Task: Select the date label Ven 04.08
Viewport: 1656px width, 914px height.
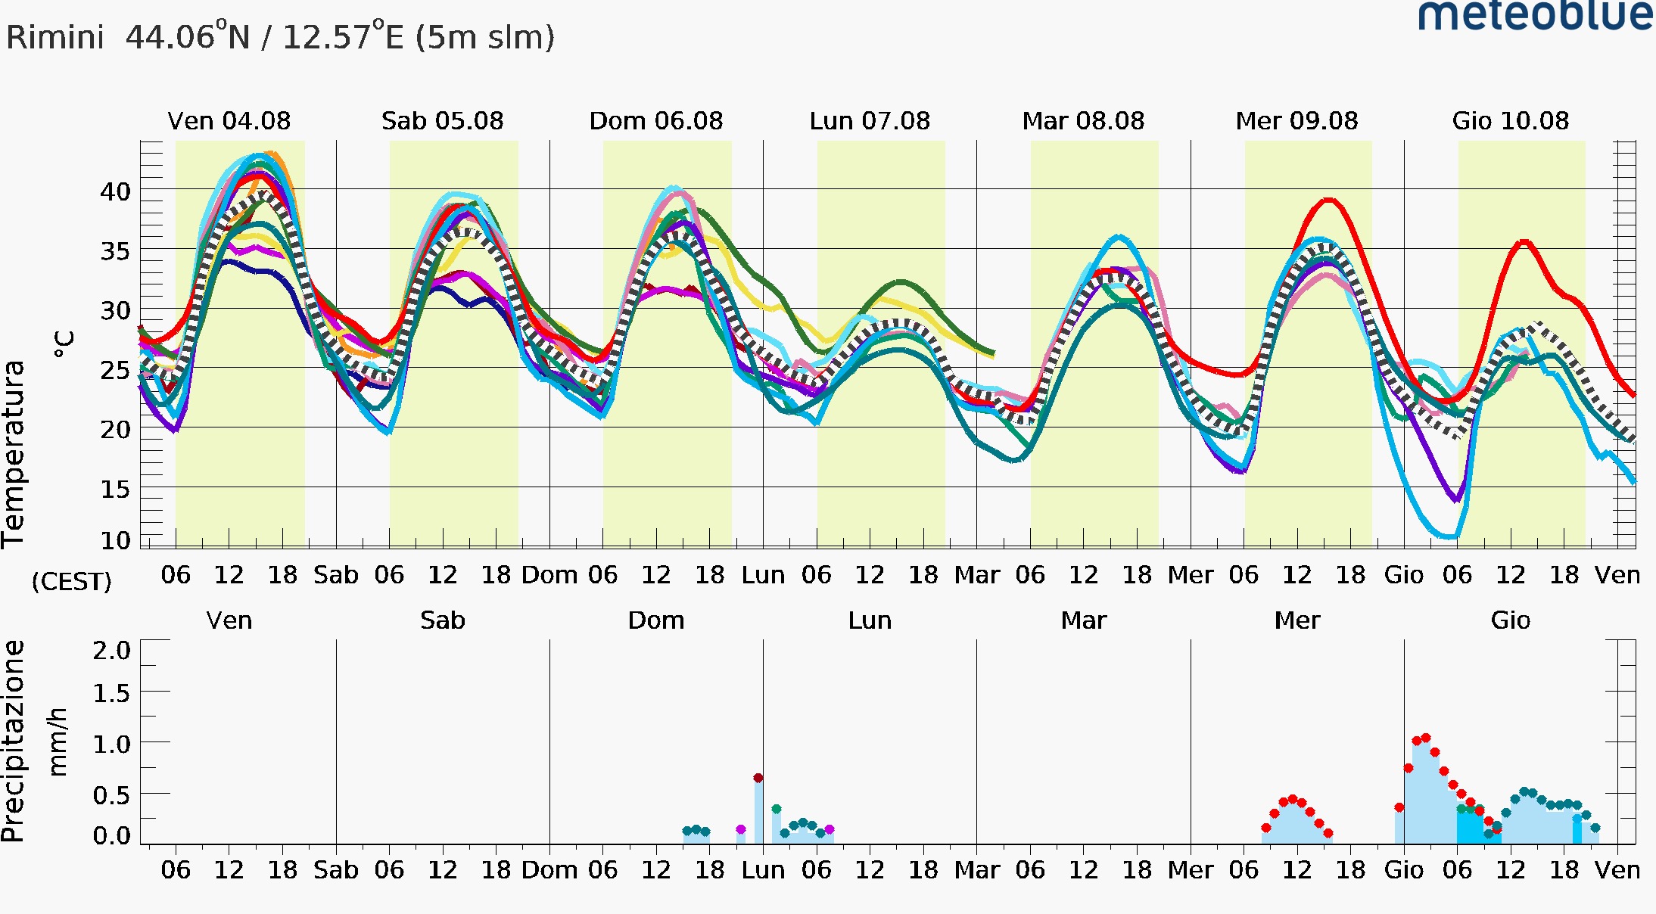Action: pyautogui.click(x=229, y=121)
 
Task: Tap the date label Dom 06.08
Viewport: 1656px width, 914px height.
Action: pyautogui.click(x=656, y=121)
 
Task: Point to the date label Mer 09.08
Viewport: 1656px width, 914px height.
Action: pyautogui.click(x=1296, y=121)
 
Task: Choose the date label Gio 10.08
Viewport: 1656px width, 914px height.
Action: pyautogui.click(x=1511, y=121)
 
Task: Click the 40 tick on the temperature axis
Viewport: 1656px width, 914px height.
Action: pyautogui.click(x=116, y=192)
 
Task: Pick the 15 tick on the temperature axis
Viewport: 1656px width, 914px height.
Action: pyautogui.click(x=116, y=490)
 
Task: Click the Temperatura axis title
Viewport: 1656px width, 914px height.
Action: pyautogui.click(x=14, y=454)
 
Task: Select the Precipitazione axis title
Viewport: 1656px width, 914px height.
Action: pyautogui.click(x=14, y=741)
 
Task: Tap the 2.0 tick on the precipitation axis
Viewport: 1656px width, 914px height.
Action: pyautogui.click(x=112, y=650)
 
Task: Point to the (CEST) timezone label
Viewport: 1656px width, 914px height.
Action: pyautogui.click(x=71, y=581)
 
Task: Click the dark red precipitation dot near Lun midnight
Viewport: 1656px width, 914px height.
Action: pyautogui.click(x=758, y=778)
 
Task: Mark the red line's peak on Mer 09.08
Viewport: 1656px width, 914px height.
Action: pyautogui.click(x=1329, y=201)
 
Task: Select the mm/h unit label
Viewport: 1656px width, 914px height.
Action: pyautogui.click(x=58, y=741)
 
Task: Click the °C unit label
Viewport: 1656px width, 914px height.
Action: pyautogui.click(x=64, y=344)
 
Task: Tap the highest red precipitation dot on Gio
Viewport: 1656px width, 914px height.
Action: pyautogui.click(x=1426, y=738)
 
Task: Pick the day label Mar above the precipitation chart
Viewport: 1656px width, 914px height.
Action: pyautogui.click(x=1083, y=620)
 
